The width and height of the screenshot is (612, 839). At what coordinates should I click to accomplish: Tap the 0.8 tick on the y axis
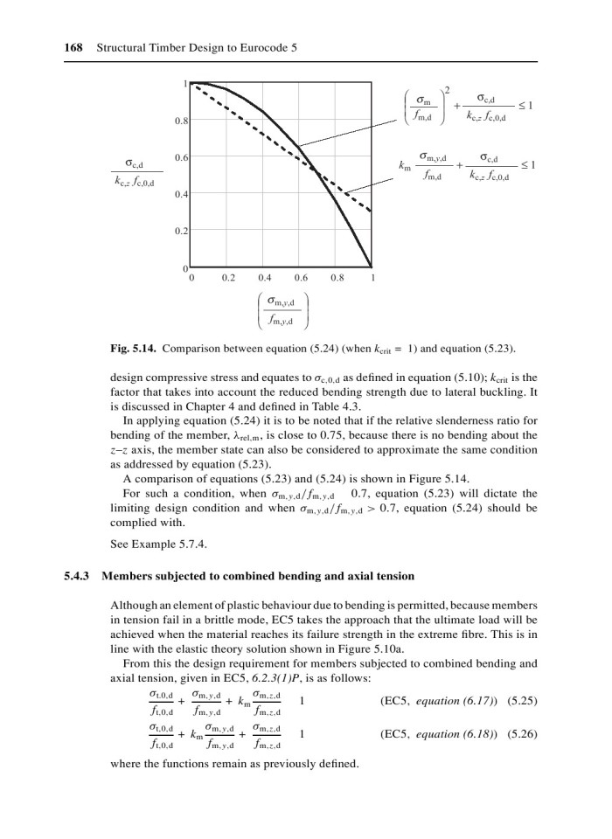(181, 120)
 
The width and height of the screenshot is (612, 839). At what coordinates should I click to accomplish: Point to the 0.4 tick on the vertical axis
(181, 193)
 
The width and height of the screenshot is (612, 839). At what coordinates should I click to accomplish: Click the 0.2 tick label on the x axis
(228, 280)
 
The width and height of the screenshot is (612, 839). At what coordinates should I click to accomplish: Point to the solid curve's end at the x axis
(372, 266)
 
